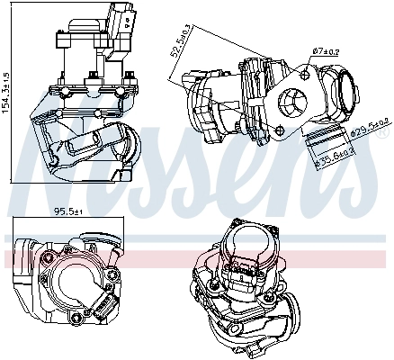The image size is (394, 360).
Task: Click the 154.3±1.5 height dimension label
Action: tap(5, 94)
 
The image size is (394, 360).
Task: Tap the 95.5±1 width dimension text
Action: tap(68, 211)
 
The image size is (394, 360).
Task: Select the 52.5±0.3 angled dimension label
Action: tap(180, 40)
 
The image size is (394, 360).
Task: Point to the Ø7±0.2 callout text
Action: tap(326, 51)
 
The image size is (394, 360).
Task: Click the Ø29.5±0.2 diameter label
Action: tap(370, 128)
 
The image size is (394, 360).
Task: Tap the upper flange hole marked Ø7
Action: tap(305, 74)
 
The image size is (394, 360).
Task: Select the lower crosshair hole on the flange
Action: tap(280, 130)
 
